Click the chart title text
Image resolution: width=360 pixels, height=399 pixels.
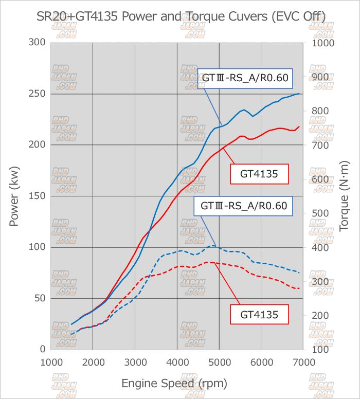coord(181,16)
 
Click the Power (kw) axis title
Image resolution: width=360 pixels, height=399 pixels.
coord(14,196)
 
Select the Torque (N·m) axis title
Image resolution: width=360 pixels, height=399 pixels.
coord(344,196)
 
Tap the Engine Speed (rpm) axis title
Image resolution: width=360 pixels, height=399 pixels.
coord(174,383)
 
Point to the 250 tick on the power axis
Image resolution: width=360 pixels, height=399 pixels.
coord(37,94)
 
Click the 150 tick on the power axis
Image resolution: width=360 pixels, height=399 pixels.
coord(37,196)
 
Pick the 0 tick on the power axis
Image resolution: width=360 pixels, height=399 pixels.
coord(43,349)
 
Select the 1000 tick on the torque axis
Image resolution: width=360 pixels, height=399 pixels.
coord(323,43)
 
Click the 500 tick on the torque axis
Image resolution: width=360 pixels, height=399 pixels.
coord(320,213)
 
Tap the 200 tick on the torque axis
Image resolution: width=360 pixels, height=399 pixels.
coord(320,316)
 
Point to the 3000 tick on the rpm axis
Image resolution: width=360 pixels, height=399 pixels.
coord(135,362)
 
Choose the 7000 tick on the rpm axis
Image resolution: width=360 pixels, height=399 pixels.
coord(304,362)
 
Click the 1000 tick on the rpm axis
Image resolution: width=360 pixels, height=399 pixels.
coord(51,362)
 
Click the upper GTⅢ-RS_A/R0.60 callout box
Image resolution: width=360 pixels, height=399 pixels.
coord(245,78)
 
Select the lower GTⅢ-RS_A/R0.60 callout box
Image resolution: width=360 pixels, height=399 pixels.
coord(243,206)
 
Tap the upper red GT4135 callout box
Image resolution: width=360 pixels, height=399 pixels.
coord(259,174)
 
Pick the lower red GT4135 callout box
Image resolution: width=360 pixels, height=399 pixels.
coord(259,315)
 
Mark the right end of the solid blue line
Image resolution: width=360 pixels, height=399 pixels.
coord(299,94)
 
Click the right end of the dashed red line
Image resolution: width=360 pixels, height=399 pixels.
coord(299,288)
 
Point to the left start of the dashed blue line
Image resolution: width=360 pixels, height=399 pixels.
coord(71,334)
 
